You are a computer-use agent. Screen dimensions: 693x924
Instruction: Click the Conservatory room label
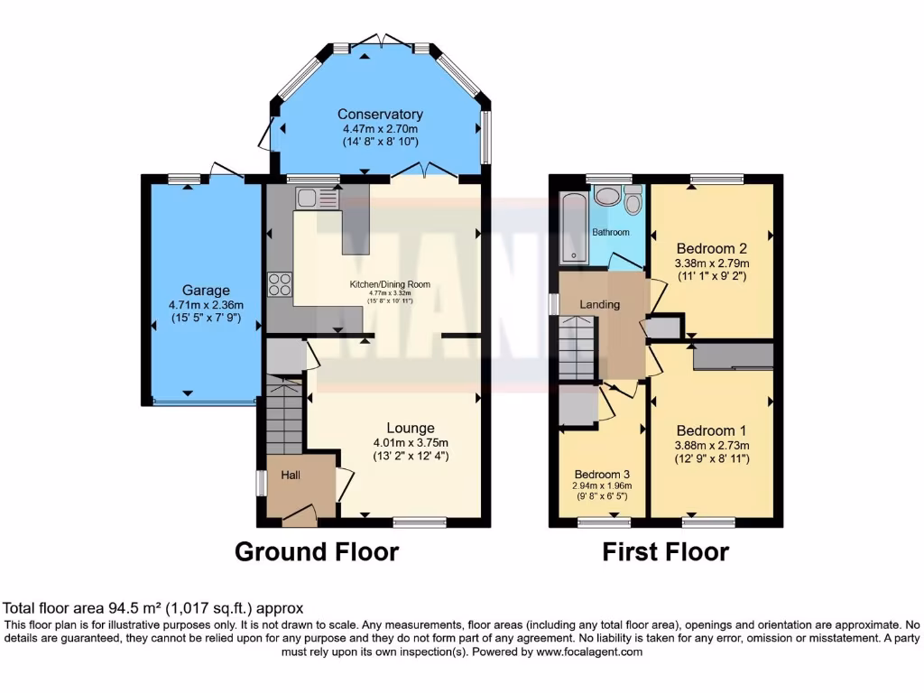tap(380, 114)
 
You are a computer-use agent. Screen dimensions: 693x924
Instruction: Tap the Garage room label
tap(206, 291)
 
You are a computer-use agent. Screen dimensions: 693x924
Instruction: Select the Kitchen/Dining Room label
tap(390, 284)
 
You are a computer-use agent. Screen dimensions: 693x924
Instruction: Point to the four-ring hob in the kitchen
tap(280, 284)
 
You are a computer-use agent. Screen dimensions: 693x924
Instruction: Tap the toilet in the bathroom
tap(633, 200)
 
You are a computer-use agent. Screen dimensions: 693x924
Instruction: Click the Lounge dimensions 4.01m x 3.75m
tap(411, 442)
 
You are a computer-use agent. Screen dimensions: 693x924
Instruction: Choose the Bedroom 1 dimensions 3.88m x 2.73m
tap(712, 445)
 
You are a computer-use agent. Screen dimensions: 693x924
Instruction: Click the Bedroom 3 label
tap(602, 475)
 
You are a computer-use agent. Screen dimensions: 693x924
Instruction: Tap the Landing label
tap(599, 304)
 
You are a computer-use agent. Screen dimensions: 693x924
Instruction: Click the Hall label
tap(291, 475)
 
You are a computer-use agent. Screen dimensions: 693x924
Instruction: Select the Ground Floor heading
tap(317, 551)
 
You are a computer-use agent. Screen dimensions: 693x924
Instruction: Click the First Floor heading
tap(665, 551)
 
